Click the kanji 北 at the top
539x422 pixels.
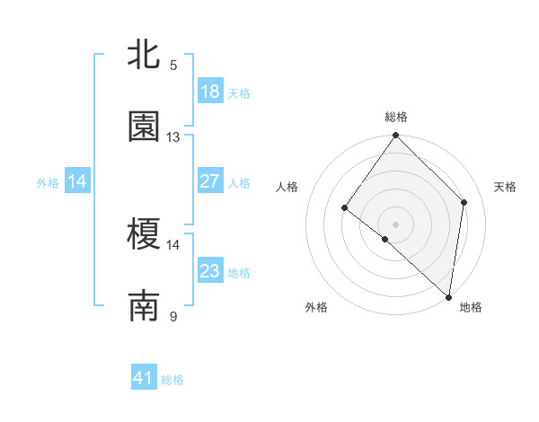click(x=144, y=55)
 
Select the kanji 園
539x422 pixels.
click(x=144, y=127)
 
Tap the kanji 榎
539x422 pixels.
click(x=144, y=235)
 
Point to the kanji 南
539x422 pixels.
click(x=144, y=307)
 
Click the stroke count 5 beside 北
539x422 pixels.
click(x=173, y=65)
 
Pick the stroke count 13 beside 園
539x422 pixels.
click(x=173, y=136)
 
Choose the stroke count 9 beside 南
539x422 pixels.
click(x=173, y=316)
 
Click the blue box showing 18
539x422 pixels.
click(x=210, y=92)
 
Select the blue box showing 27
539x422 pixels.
click(x=210, y=181)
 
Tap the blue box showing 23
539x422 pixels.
click(x=210, y=271)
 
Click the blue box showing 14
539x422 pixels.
click(x=77, y=181)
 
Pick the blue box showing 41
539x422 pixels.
click(x=144, y=378)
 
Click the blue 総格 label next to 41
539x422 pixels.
click(x=172, y=380)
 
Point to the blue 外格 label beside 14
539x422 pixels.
click(x=48, y=183)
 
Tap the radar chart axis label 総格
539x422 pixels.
click(x=396, y=117)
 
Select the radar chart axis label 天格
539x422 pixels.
click(x=506, y=187)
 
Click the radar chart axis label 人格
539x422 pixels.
click(x=287, y=187)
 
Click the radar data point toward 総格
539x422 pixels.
click(x=396, y=136)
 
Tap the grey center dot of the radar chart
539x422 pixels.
click(x=396, y=224)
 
